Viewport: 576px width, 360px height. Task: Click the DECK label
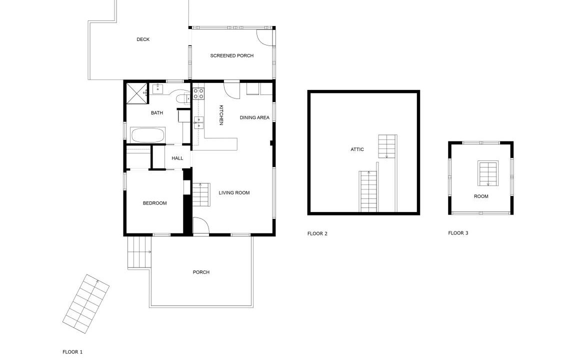tap(143, 39)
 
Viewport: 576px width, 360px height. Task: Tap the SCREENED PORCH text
tap(232, 56)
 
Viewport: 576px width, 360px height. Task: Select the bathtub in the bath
tap(148, 135)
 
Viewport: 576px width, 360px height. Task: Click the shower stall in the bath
tap(136, 94)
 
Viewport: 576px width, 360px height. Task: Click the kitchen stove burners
tap(198, 93)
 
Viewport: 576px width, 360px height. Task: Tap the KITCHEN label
tap(221, 115)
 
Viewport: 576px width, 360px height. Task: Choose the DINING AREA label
tap(254, 117)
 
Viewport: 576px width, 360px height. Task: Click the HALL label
tap(177, 158)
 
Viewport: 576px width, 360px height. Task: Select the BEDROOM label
tap(154, 203)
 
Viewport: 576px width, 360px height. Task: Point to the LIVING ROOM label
tap(234, 193)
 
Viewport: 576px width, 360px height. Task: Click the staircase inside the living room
tap(201, 194)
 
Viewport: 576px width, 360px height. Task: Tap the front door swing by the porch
tap(201, 225)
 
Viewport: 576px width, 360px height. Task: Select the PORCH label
tap(201, 272)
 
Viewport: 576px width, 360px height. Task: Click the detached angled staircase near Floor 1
tap(86, 304)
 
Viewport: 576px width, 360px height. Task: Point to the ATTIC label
tap(357, 149)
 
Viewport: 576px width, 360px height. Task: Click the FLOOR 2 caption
tap(317, 233)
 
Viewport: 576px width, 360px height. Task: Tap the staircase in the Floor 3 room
tap(488, 173)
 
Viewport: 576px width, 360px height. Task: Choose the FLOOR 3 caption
tap(458, 233)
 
